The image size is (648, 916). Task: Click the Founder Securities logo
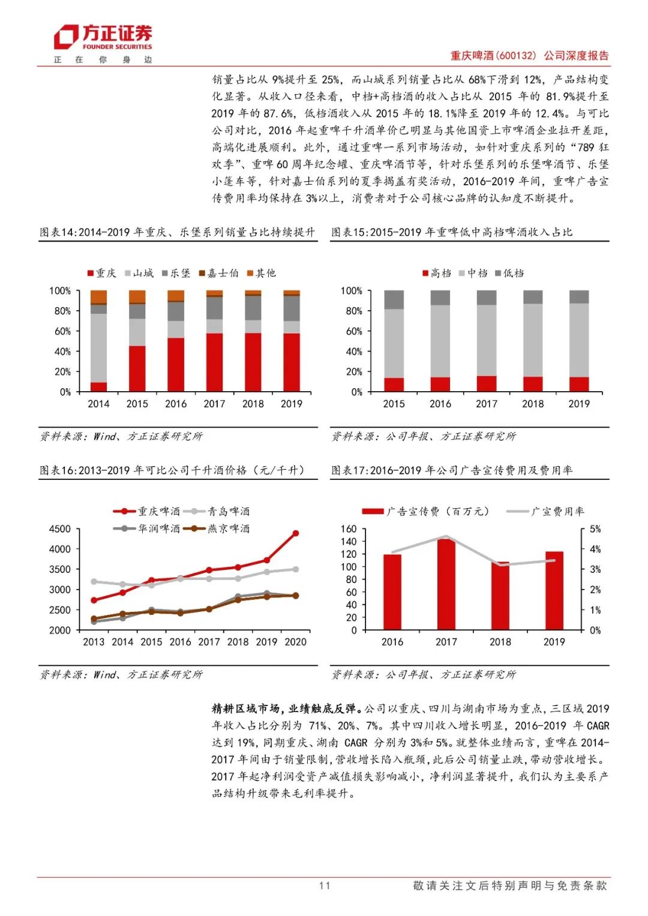tap(103, 37)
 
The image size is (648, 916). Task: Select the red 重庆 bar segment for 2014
tap(98, 387)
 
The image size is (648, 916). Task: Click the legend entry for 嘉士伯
tap(219, 274)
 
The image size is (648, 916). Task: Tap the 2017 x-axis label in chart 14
tap(214, 404)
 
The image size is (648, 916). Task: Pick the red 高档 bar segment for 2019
tap(579, 385)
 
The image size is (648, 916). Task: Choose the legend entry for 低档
tap(509, 274)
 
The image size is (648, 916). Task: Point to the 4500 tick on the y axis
tap(59, 529)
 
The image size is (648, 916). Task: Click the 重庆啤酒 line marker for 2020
tap(295, 533)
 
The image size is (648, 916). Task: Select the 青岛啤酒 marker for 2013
tap(94, 581)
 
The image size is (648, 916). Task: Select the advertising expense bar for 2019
tap(554, 591)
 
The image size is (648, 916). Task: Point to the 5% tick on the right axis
tap(595, 529)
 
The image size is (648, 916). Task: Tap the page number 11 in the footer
tap(325, 885)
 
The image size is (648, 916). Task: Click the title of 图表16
tap(172, 470)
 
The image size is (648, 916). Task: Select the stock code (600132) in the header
tap(517, 56)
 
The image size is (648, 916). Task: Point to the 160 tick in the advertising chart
tap(349, 529)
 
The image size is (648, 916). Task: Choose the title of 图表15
tap(451, 232)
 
